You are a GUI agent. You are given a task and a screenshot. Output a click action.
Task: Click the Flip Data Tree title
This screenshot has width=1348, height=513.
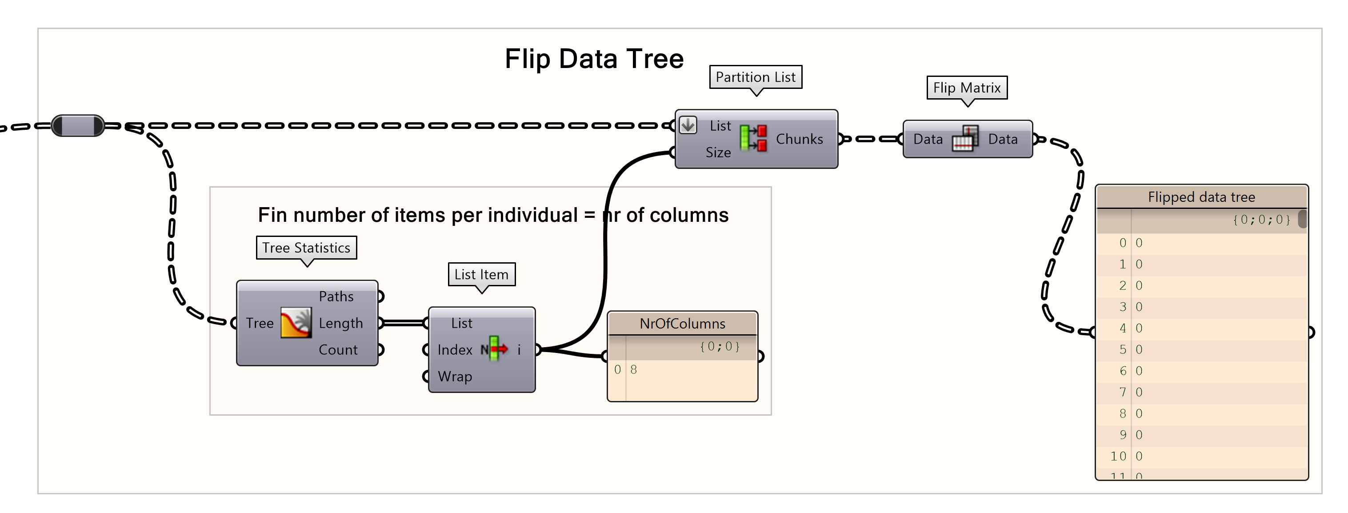pos(593,59)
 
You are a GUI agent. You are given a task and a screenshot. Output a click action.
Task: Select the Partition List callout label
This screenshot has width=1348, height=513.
pos(755,77)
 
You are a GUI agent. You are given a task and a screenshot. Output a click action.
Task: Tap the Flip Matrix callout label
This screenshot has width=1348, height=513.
pos(967,88)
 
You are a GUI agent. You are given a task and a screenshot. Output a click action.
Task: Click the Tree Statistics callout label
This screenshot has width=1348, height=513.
pos(306,248)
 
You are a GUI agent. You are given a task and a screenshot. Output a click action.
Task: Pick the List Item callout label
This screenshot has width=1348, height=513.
pos(481,274)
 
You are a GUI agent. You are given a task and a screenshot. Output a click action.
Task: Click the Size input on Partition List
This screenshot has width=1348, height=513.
pos(717,152)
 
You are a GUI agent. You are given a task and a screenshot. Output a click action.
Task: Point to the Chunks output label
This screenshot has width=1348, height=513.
pos(799,139)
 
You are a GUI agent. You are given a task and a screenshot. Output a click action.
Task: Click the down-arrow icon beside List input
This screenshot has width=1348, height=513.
pos(688,125)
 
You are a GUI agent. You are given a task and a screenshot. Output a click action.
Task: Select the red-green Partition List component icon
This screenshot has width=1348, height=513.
pos(753,139)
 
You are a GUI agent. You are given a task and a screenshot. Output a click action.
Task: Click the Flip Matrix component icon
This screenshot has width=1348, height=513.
pos(965,139)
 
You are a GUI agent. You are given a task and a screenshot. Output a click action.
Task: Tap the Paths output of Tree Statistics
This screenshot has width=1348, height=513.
pos(336,296)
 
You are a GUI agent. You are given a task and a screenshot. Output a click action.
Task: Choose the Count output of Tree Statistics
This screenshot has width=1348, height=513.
pos(338,350)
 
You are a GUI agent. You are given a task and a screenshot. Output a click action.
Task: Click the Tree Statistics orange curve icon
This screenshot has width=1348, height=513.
pos(296,323)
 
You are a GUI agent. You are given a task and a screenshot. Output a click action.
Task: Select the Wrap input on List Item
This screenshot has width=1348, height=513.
pos(454,377)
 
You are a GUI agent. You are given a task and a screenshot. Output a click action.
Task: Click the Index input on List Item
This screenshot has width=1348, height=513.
pos(454,350)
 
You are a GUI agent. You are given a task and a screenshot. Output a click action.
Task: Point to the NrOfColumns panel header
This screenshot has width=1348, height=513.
pos(682,324)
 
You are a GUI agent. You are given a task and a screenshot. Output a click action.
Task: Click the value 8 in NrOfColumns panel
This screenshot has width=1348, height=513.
pos(634,369)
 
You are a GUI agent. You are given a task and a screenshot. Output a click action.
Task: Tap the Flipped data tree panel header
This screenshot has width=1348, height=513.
pos(1201,197)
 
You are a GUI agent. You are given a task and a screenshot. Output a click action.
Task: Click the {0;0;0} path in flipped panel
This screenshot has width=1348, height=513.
pos(1261,219)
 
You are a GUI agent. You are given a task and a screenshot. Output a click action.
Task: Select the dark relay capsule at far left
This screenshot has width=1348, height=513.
pos(78,126)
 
